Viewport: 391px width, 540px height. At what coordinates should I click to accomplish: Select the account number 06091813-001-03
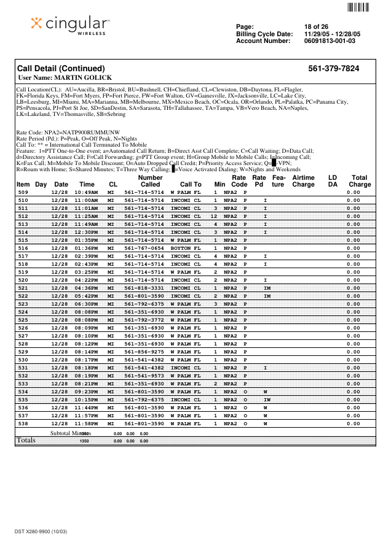pos(330,41)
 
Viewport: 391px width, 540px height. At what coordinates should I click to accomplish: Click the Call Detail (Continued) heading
pos(61,68)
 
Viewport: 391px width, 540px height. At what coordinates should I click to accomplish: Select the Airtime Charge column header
pos(303,180)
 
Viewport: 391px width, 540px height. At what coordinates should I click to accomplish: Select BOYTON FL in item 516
pos(186,248)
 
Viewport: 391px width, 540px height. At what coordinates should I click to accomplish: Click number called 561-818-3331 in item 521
pos(144,288)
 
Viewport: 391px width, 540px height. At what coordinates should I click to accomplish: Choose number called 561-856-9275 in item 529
pos(144,352)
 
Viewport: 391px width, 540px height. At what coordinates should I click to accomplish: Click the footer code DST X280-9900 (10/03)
pos(41,530)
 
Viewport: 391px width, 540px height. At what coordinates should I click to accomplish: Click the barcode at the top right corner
pos(357,8)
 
